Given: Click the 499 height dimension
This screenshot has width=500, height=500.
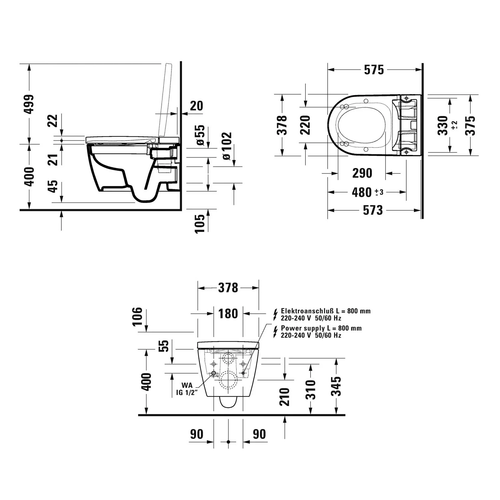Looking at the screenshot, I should click(x=30, y=104).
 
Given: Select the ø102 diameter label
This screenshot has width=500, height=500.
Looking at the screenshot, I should click(x=226, y=146).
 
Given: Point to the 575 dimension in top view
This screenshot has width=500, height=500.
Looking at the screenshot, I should click(x=374, y=70).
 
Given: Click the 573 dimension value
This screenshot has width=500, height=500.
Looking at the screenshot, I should click(x=373, y=210).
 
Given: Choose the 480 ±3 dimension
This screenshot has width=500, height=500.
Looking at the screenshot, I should click(x=367, y=192).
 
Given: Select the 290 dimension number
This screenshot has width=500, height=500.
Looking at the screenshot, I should click(x=362, y=173).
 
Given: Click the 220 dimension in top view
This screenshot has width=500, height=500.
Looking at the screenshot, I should click(x=305, y=125).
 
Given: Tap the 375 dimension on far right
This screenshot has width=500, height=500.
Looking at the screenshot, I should click(x=470, y=125).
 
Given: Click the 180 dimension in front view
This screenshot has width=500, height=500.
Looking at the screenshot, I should click(x=228, y=314).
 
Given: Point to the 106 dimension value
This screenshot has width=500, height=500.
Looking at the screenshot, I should click(x=137, y=316).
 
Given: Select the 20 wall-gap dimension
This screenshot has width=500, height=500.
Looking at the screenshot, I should click(x=196, y=106).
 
